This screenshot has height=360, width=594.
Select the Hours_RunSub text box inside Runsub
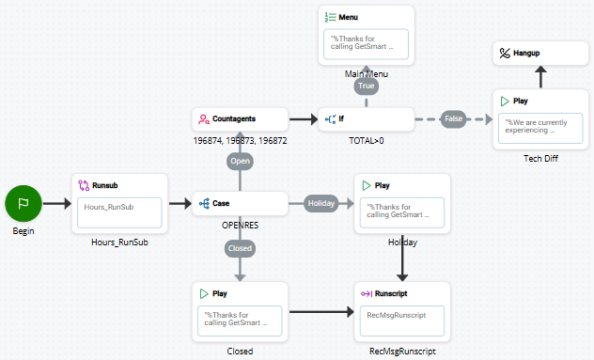tap(119, 211)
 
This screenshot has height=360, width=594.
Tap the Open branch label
tap(239, 161)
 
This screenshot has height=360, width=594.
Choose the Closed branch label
tap(239, 249)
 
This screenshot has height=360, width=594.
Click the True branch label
tap(366, 86)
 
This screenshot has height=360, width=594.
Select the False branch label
tap(455, 119)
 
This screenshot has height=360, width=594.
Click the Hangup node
tap(534, 54)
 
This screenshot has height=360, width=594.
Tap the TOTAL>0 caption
tap(367, 140)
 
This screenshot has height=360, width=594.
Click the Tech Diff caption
tap(540, 158)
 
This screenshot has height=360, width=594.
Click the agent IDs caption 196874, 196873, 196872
tap(240, 140)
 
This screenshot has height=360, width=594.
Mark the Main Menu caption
tap(367, 74)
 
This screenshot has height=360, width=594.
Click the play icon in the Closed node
tap(205, 293)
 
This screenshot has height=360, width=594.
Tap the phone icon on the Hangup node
tap(505, 54)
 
